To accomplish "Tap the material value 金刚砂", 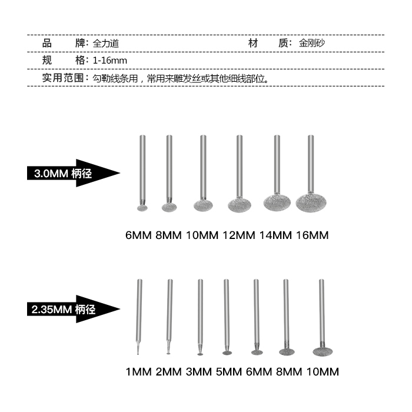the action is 312,44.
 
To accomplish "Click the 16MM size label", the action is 311,235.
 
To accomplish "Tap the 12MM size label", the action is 239,235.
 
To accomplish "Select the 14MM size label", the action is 275,235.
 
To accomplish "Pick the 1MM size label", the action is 138,372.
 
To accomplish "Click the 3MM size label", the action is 198,372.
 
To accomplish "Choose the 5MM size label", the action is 228,372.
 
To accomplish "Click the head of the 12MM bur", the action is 240,205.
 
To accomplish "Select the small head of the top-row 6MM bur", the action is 142,208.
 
